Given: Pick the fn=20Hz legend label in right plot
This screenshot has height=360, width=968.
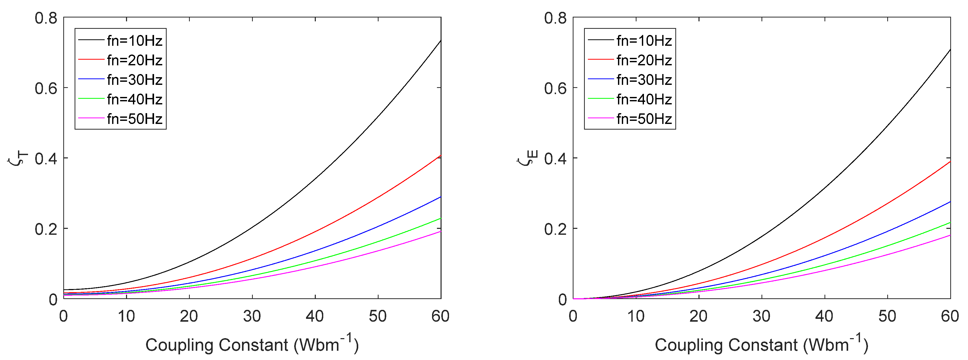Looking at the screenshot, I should coord(644,60).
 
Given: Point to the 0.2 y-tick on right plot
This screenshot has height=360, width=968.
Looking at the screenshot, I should coord(555,229).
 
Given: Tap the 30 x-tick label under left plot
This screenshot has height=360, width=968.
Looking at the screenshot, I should coord(252,316).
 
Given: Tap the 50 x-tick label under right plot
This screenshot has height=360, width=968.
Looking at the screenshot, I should coord(887,316).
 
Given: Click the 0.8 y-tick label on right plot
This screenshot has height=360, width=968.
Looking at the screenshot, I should coord(555,18).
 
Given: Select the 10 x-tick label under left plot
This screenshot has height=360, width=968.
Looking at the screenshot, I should coord(126,316).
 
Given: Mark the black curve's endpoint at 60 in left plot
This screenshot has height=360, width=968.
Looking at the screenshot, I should coord(441,41).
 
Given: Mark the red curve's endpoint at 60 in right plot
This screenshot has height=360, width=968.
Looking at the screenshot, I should coord(950,161).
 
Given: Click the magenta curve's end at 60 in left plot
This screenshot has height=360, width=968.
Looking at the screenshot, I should coord(441,231).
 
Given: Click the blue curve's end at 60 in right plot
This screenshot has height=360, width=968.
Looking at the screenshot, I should coord(950,202).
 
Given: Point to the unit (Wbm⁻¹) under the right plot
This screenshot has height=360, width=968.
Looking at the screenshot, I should coord(836,344).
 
